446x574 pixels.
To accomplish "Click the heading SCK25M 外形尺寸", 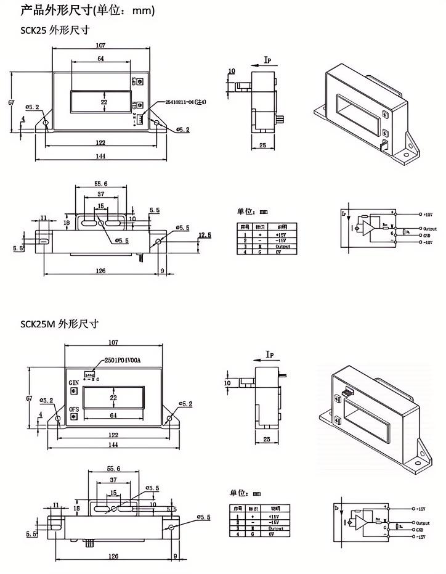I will coord(59,324).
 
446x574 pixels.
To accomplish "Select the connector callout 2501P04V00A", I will coord(121,360).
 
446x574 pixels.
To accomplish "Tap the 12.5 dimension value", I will coord(205,235).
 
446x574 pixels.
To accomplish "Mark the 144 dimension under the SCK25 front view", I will coord(100,156).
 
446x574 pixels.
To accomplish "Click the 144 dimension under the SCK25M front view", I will coord(113,445).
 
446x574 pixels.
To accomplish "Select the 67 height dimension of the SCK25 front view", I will coord(11,102).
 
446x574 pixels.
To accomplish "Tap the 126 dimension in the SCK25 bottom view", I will coord(101,271).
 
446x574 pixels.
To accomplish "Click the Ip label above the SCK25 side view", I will coord(268,60).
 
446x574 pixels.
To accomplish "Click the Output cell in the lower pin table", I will coord(274,528).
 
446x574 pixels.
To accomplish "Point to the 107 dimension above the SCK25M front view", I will coord(113,343).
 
